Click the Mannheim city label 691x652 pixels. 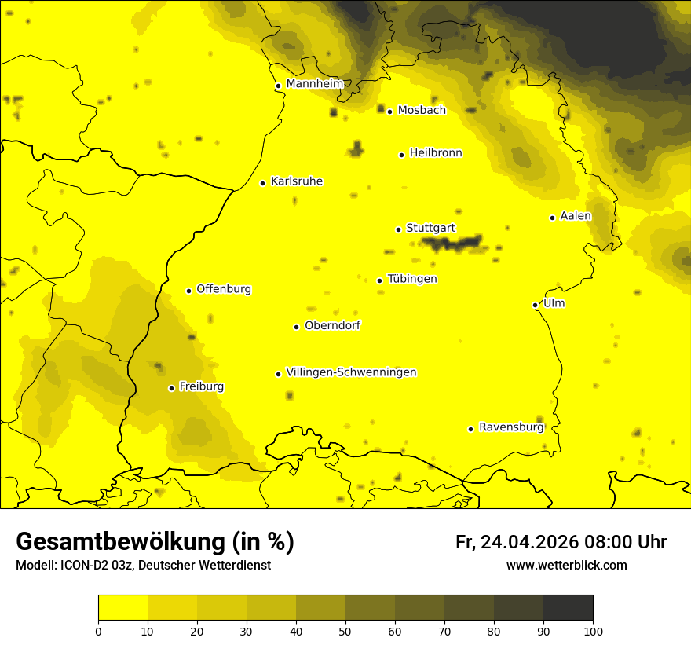pyautogui.click(x=314, y=84)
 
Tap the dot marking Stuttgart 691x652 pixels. pyautogui.click(x=398, y=229)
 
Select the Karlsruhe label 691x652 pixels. pyautogui.click(x=296, y=181)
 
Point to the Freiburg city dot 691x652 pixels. pyautogui.click(x=171, y=388)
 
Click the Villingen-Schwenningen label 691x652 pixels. pyautogui.click(x=351, y=372)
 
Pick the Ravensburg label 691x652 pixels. pyautogui.click(x=510, y=427)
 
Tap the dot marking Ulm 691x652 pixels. pyautogui.click(x=535, y=305)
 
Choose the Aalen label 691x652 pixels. pyautogui.click(x=575, y=216)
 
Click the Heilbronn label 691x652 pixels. pyautogui.click(x=435, y=153)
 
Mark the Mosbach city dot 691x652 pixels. pyautogui.click(x=389, y=112)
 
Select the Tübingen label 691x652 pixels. pyautogui.click(x=411, y=279)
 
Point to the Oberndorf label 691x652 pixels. pyautogui.click(x=332, y=325)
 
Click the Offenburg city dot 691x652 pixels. pyautogui.click(x=188, y=291)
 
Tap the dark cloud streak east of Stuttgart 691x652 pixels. pyautogui.click(x=452, y=244)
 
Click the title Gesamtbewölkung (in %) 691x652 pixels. pyautogui.click(x=155, y=542)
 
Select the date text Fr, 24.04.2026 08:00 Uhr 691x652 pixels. pyautogui.click(x=561, y=542)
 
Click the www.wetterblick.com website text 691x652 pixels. pyautogui.click(x=566, y=565)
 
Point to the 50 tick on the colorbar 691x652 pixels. pyautogui.click(x=345, y=631)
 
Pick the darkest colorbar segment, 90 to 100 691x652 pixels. pyautogui.click(x=568, y=608)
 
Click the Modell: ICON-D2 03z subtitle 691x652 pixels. pyautogui.click(x=143, y=565)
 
